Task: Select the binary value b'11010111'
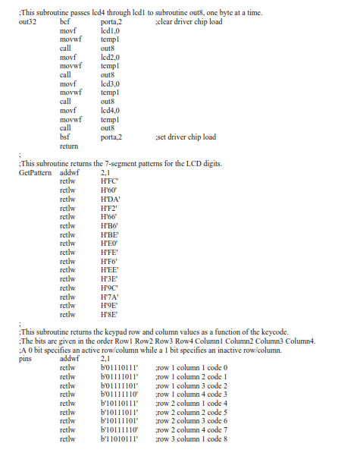pos(119,439)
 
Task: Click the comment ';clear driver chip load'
pos(187,22)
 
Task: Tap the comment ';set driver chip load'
pos(184,137)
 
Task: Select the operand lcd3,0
pos(110,83)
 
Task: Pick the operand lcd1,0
pos(110,31)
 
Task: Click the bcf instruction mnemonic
pos(64,22)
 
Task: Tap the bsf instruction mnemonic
pos(64,137)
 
